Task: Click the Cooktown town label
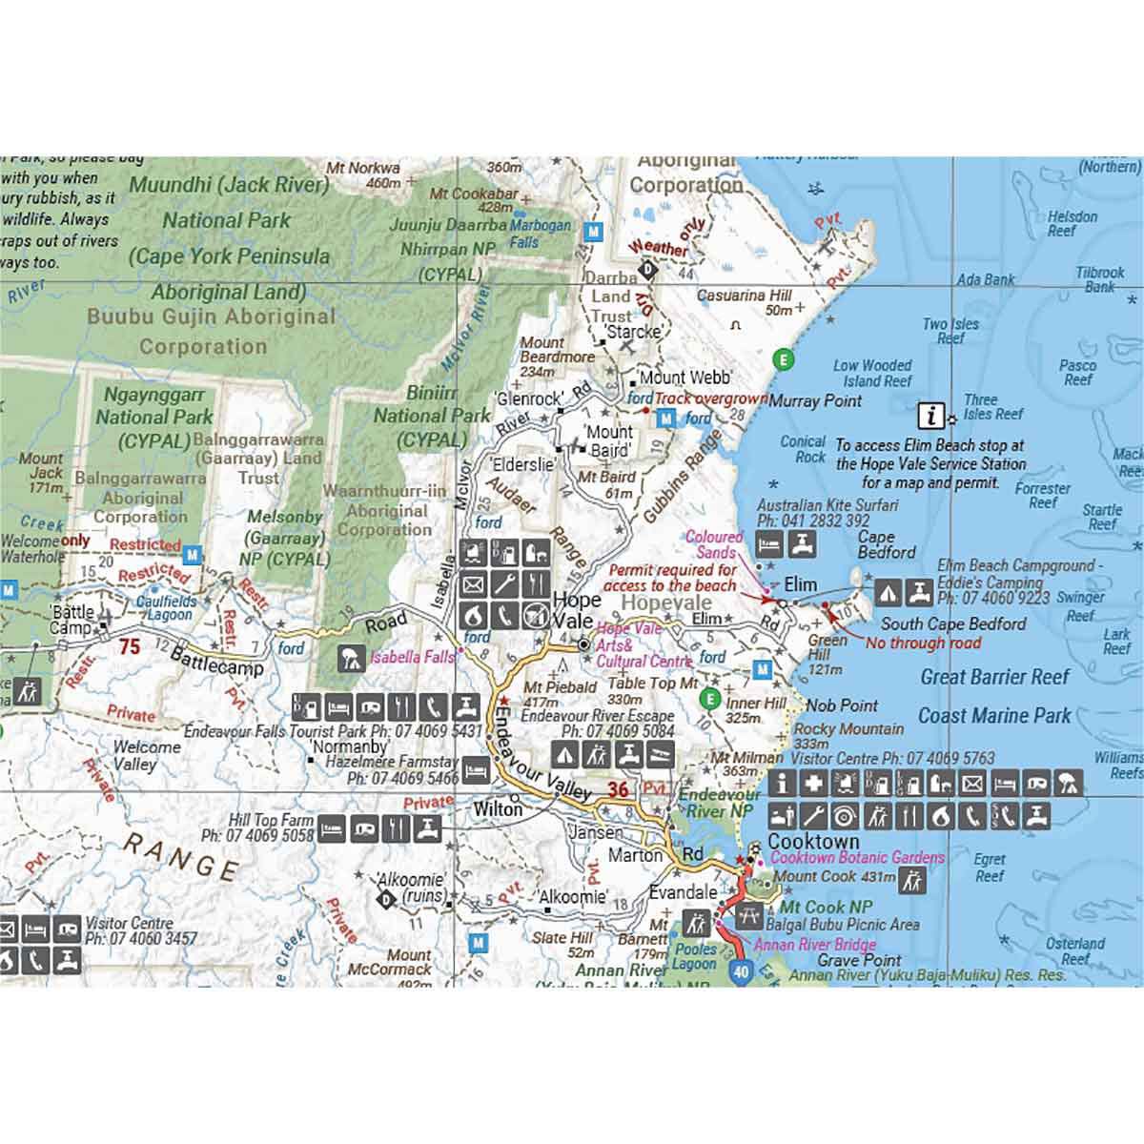coord(813,842)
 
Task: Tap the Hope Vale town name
coord(577,610)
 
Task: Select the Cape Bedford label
coord(886,544)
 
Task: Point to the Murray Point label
coord(815,401)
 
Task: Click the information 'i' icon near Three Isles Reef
coord(931,416)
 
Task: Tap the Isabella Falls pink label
coord(413,657)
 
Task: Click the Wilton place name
coord(499,809)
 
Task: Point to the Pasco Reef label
coord(1077,373)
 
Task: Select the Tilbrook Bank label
coord(1100,279)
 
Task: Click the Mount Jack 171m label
coord(41,473)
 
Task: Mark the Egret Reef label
coord(990,868)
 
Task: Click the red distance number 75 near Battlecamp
coord(130,647)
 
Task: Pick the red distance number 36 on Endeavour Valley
coord(618,789)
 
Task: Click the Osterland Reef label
coord(1075,951)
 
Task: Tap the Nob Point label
coord(842,705)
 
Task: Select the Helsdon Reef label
coord(1072,223)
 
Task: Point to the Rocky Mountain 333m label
coord(848,736)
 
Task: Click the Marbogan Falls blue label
coord(541,234)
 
